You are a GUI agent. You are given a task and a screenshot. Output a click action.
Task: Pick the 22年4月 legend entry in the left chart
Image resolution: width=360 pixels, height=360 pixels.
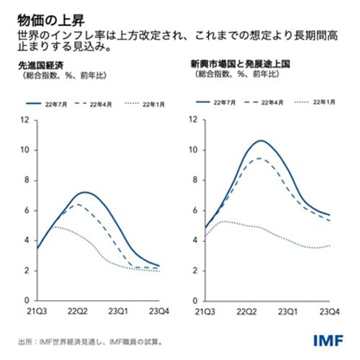[x=103, y=104]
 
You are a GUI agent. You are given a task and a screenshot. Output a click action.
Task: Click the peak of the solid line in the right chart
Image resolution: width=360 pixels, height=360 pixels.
[x=260, y=140]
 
